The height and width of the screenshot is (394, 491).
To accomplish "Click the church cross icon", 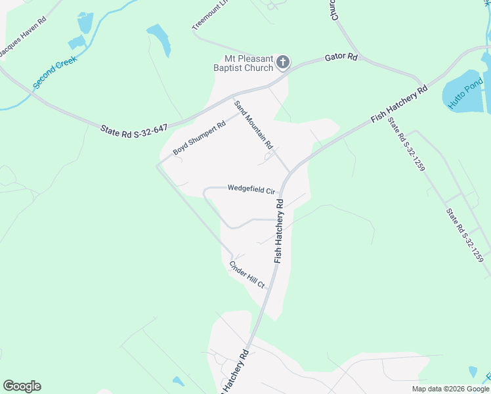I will tap(283, 62).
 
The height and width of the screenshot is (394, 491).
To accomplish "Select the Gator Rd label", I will tap(341, 58).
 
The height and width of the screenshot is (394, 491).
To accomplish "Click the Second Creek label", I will tap(55, 72).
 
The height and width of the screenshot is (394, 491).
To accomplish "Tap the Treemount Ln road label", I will tap(211, 15).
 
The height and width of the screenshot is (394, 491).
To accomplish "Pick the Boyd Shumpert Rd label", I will tap(199, 138).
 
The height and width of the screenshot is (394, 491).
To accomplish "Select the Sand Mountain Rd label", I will tap(253, 125).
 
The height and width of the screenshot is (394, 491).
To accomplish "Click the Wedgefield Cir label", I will tap(251, 189).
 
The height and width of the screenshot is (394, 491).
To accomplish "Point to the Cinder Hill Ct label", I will tap(247, 274).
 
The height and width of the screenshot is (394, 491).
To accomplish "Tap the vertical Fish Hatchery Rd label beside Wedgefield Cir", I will tap(280, 230).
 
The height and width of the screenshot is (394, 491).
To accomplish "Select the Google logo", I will tap(22, 386).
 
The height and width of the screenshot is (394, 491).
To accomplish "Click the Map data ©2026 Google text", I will tap(450, 389).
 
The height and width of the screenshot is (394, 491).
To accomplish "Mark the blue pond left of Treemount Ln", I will tap(159, 40).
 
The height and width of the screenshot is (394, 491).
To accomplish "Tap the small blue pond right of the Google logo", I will tap(178, 381).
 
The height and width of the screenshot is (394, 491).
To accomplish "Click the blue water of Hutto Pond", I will tap(459, 98).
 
